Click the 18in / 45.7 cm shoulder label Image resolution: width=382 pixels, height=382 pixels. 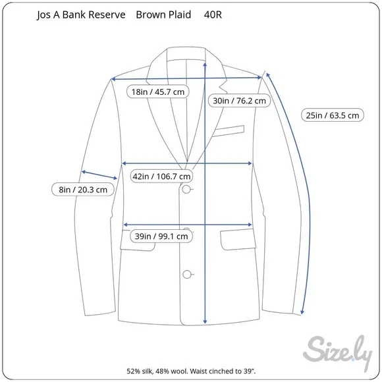click(x=158, y=92)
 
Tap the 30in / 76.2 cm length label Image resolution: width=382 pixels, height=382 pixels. click(x=240, y=101)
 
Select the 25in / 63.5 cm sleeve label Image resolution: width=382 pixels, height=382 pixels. click(x=333, y=115)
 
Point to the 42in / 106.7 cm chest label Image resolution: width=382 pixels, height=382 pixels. click(x=161, y=176)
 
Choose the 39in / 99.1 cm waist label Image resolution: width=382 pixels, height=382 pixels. click(x=161, y=236)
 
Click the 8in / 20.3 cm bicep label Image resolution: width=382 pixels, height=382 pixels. click(x=83, y=190)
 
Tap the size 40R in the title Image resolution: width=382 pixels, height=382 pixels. click(x=213, y=14)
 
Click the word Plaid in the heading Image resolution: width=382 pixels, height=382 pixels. click(x=180, y=14)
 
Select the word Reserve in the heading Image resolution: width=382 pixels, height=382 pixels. click(x=107, y=14)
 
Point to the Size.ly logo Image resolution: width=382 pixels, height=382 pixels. click(x=338, y=352)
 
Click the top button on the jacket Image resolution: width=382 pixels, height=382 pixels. click(x=186, y=189)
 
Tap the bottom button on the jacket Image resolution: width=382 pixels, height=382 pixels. click(x=186, y=275)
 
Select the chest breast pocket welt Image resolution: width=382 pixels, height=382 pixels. click(x=229, y=131)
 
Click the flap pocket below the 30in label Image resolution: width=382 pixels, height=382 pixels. click(x=238, y=240)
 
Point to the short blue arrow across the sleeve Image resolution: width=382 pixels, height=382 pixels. click(x=99, y=175)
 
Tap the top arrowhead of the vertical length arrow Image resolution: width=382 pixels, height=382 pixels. click(x=205, y=64)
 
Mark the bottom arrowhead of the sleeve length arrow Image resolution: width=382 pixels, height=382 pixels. click(x=302, y=312)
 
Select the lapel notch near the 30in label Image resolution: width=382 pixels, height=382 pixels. click(x=223, y=86)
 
